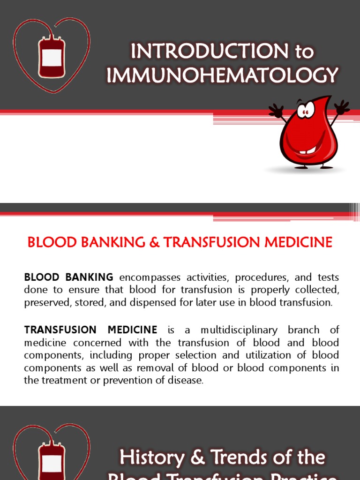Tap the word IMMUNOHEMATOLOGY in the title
pos(223,75)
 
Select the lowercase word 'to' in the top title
pos(304,51)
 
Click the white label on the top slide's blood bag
pos(52,57)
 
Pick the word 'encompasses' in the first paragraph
pos(146,277)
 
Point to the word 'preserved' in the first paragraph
pos(46,302)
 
